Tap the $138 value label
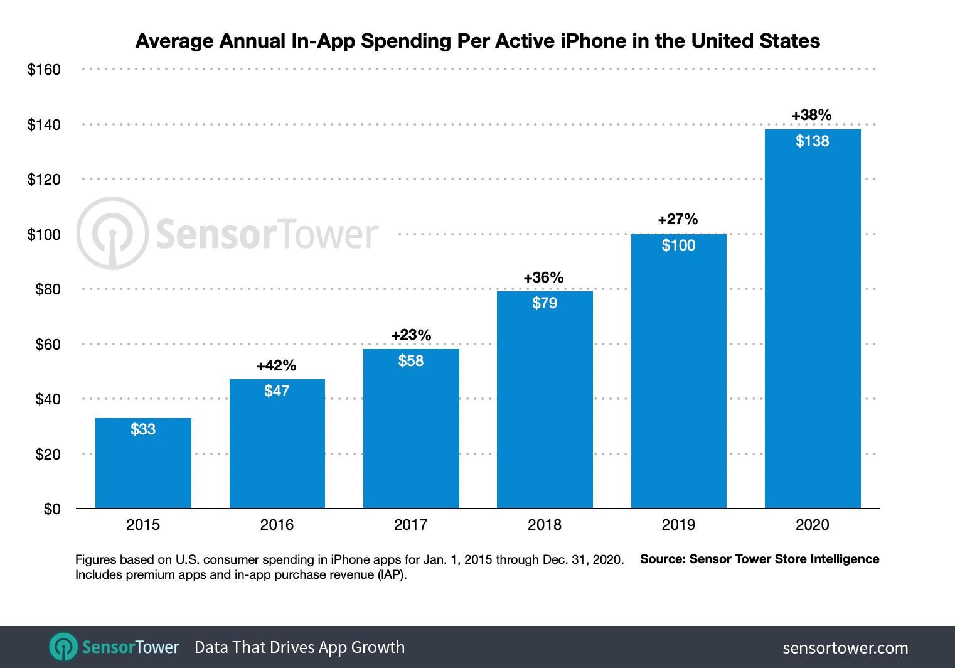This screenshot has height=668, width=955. (812, 141)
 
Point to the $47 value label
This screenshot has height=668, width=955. (277, 391)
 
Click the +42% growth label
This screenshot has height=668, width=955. (276, 365)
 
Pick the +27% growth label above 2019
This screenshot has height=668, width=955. (678, 219)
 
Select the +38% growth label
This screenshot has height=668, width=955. (811, 115)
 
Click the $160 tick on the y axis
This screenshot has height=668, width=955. (44, 70)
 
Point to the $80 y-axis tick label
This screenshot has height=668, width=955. (48, 289)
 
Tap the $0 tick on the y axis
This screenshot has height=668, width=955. (52, 509)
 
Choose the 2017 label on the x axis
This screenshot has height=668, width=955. (410, 525)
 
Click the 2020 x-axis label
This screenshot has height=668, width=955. (812, 525)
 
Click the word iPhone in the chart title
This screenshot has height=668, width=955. (593, 41)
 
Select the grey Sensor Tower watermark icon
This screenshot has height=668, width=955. (113, 234)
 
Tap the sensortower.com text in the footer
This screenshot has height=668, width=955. (845, 648)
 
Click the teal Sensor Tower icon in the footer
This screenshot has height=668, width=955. (63, 647)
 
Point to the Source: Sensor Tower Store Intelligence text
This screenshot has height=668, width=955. (759, 559)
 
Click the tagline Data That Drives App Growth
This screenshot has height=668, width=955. (299, 647)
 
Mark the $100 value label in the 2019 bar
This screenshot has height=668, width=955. (678, 245)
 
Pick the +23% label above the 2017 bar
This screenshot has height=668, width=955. (411, 335)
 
